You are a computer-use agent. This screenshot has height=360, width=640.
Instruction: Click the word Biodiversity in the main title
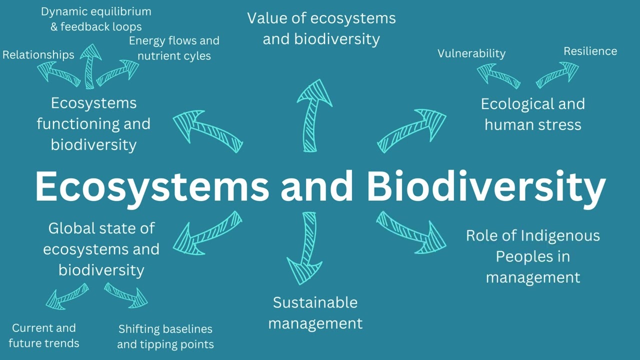click(x=486, y=186)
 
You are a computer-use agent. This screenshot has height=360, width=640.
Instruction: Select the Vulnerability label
click(x=471, y=53)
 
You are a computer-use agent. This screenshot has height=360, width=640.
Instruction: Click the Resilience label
click(x=590, y=51)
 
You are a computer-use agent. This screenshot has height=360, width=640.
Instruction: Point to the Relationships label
click(x=38, y=54)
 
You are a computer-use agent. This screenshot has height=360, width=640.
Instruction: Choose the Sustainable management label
click(x=315, y=312)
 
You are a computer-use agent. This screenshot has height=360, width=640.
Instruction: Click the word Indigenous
click(x=560, y=235)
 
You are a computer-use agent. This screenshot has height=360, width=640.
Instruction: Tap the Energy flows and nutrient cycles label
click(x=174, y=48)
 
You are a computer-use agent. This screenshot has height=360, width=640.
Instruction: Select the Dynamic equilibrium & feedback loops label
click(x=96, y=19)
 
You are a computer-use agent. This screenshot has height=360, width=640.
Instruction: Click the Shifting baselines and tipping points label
click(x=165, y=336)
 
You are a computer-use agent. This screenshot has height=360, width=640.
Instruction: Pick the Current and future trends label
click(x=44, y=335)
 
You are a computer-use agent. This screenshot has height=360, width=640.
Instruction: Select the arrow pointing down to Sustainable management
click(x=305, y=247)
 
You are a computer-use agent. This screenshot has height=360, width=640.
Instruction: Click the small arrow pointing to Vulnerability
click(x=497, y=76)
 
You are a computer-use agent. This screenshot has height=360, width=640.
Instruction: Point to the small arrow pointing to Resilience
click(x=557, y=74)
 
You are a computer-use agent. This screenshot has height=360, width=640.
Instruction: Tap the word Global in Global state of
click(x=71, y=228)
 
